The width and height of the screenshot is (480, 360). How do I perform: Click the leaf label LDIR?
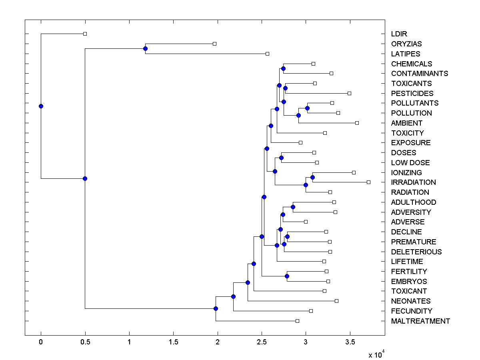click(x=399, y=34)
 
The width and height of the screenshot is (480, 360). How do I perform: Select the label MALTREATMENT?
click(x=420, y=321)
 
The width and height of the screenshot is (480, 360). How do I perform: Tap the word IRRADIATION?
click(x=413, y=182)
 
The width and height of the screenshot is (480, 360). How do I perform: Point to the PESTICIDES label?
click(x=412, y=94)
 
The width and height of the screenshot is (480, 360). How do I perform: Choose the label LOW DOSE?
click(x=410, y=163)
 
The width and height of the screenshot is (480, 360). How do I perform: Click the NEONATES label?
click(x=411, y=301)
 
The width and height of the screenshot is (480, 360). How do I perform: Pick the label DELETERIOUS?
click(x=416, y=252)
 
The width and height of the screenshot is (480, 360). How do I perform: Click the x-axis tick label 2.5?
click(x=262, y=342)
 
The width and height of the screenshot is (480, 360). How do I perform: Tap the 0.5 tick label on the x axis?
click(x=85, y=342)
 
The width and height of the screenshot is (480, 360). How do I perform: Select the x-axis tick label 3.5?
click(x=350, y=342)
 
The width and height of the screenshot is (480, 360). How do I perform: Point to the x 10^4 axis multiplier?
click(x=376, y=354)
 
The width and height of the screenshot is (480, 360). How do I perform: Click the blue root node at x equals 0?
click(x=41, y=106)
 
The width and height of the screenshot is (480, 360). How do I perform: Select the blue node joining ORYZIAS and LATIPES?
click(x=145, y=49)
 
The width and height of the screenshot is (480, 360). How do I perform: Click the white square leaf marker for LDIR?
click(x=85, y=34)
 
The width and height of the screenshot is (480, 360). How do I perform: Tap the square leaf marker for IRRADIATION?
click(x=368, y=182)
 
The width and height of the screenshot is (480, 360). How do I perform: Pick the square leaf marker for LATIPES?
click(x=268, y=54)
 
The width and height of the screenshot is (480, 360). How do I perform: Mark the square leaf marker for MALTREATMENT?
click(x=297, y=321)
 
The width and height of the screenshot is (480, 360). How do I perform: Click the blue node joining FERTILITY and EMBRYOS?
click(x=287, y=276)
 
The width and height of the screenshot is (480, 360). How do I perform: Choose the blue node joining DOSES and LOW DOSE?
click(x=281, y=158)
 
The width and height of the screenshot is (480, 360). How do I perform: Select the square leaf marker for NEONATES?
click(x=336, y=301)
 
